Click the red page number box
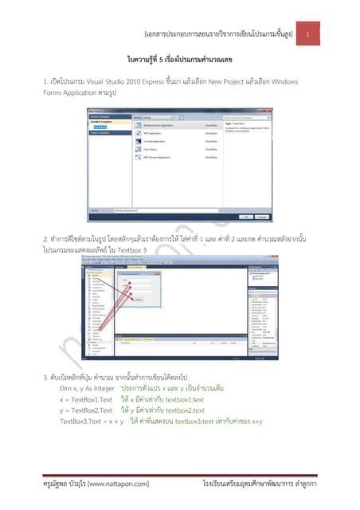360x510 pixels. (x=318, y=33)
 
